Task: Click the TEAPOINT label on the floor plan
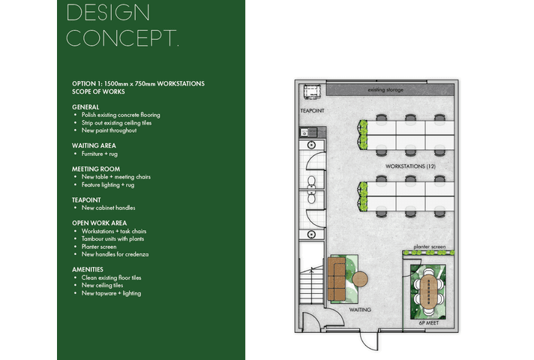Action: click(x=312, y=111)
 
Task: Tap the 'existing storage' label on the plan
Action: click(x=385, y=90)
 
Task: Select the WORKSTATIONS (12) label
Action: click(x=410, y=166)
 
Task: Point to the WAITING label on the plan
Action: click(x=360, y=310)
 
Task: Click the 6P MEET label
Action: click(x=429, y=323)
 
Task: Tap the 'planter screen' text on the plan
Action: click(x=430, y=247)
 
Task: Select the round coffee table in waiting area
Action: click(x=360, y=279)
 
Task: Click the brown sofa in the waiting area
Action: click(x=337, y=279)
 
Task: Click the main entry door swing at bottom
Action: click(x=369, y=340)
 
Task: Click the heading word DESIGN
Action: click(x=108, y=13)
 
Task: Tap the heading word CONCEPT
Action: click(x=122, y=37)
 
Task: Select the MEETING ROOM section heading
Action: click(x=96, y=169)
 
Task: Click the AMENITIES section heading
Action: click(x=88, y=269)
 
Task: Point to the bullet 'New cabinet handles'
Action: click(x=108, y=208)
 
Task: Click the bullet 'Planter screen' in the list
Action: click(x=99, y=247)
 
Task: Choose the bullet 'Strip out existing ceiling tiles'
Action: click(x=116, y=123)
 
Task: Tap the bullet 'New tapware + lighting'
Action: click(x=111, y=293)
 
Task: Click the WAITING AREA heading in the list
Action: click(x=94, y=145)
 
